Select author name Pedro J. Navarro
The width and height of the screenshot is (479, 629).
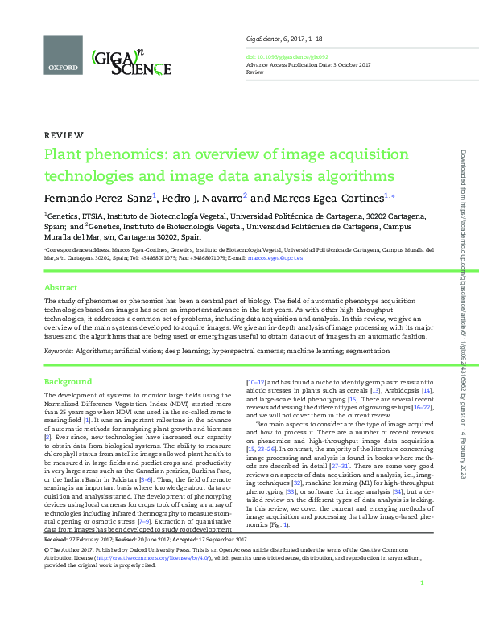[204, 197]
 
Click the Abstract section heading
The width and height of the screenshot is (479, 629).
[60, 287]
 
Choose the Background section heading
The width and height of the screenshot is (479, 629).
[68, 380]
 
